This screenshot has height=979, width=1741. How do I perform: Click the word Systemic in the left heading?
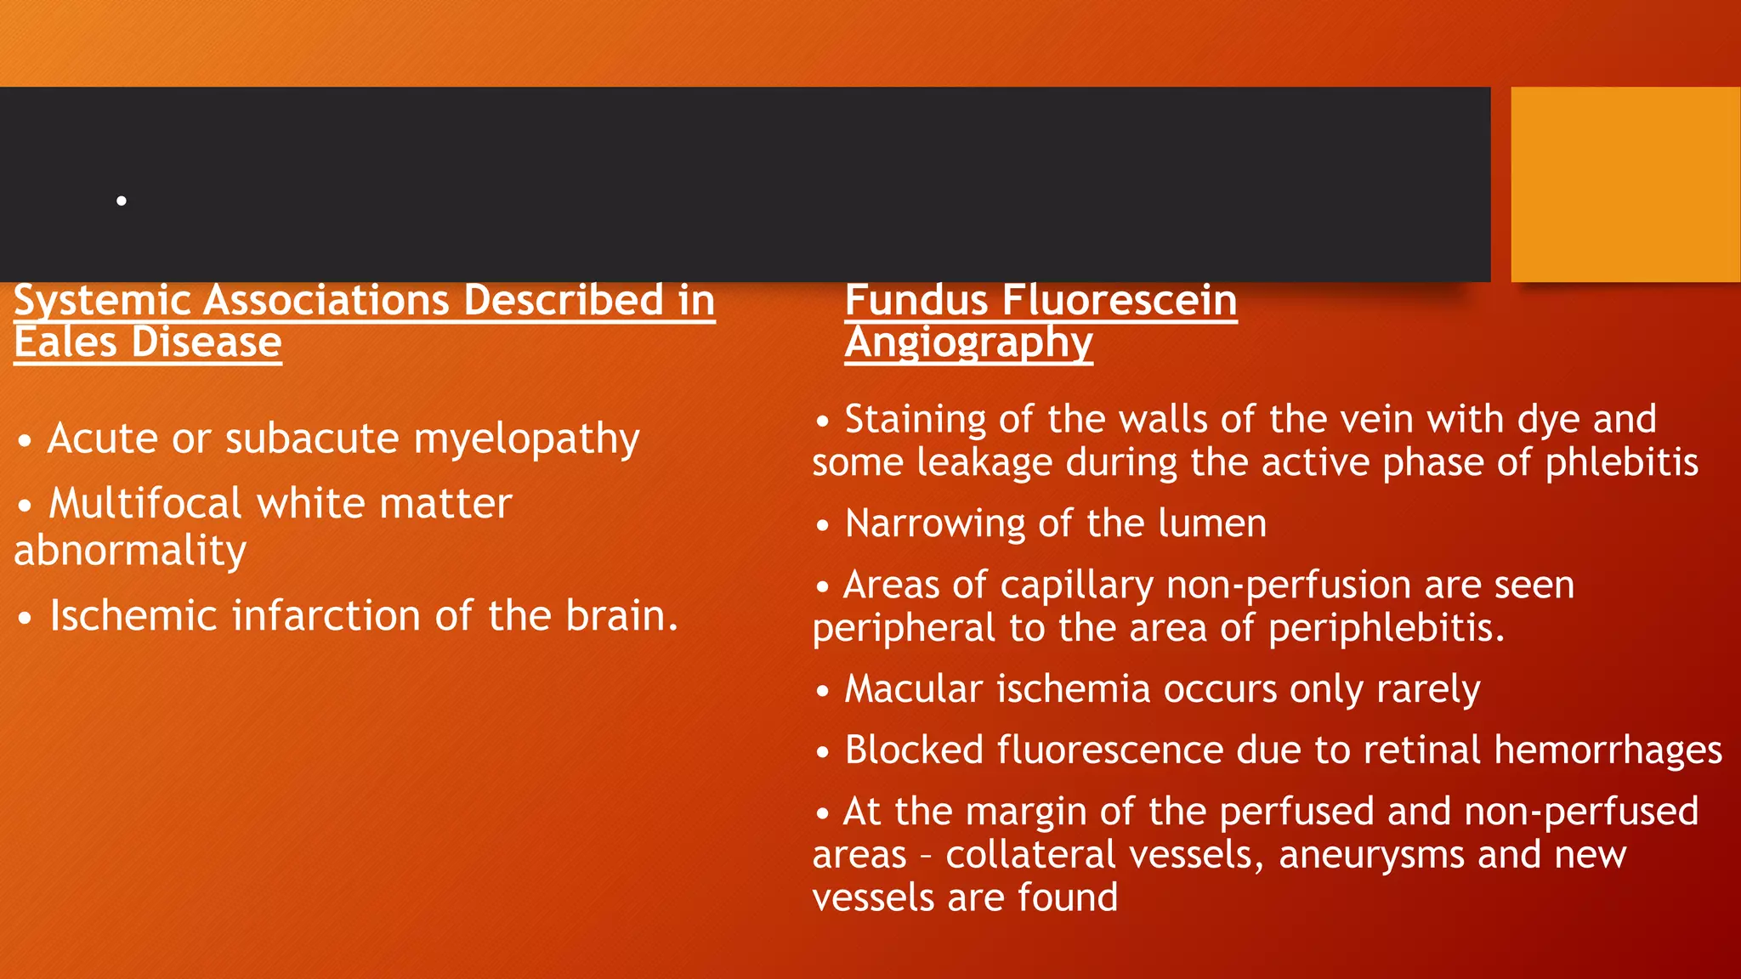tap(102, 301)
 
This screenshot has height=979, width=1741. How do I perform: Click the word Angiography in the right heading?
tap(968, 344)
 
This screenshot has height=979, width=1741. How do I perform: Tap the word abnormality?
tap(130, 550)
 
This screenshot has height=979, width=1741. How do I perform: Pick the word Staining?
tap(915, 419)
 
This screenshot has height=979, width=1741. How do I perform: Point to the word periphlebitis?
tap(1386, 629)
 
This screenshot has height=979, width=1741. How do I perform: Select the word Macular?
tap(913, 688)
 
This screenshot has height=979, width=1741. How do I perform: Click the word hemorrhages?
tap(1608, 750)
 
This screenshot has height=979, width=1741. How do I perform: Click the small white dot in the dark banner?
tap(122, 201)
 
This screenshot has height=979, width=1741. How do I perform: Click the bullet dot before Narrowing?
tap(822, 526)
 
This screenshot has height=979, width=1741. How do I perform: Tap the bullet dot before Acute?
tap(26, 442)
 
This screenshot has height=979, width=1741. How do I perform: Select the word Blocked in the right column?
tap(914, 750)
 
